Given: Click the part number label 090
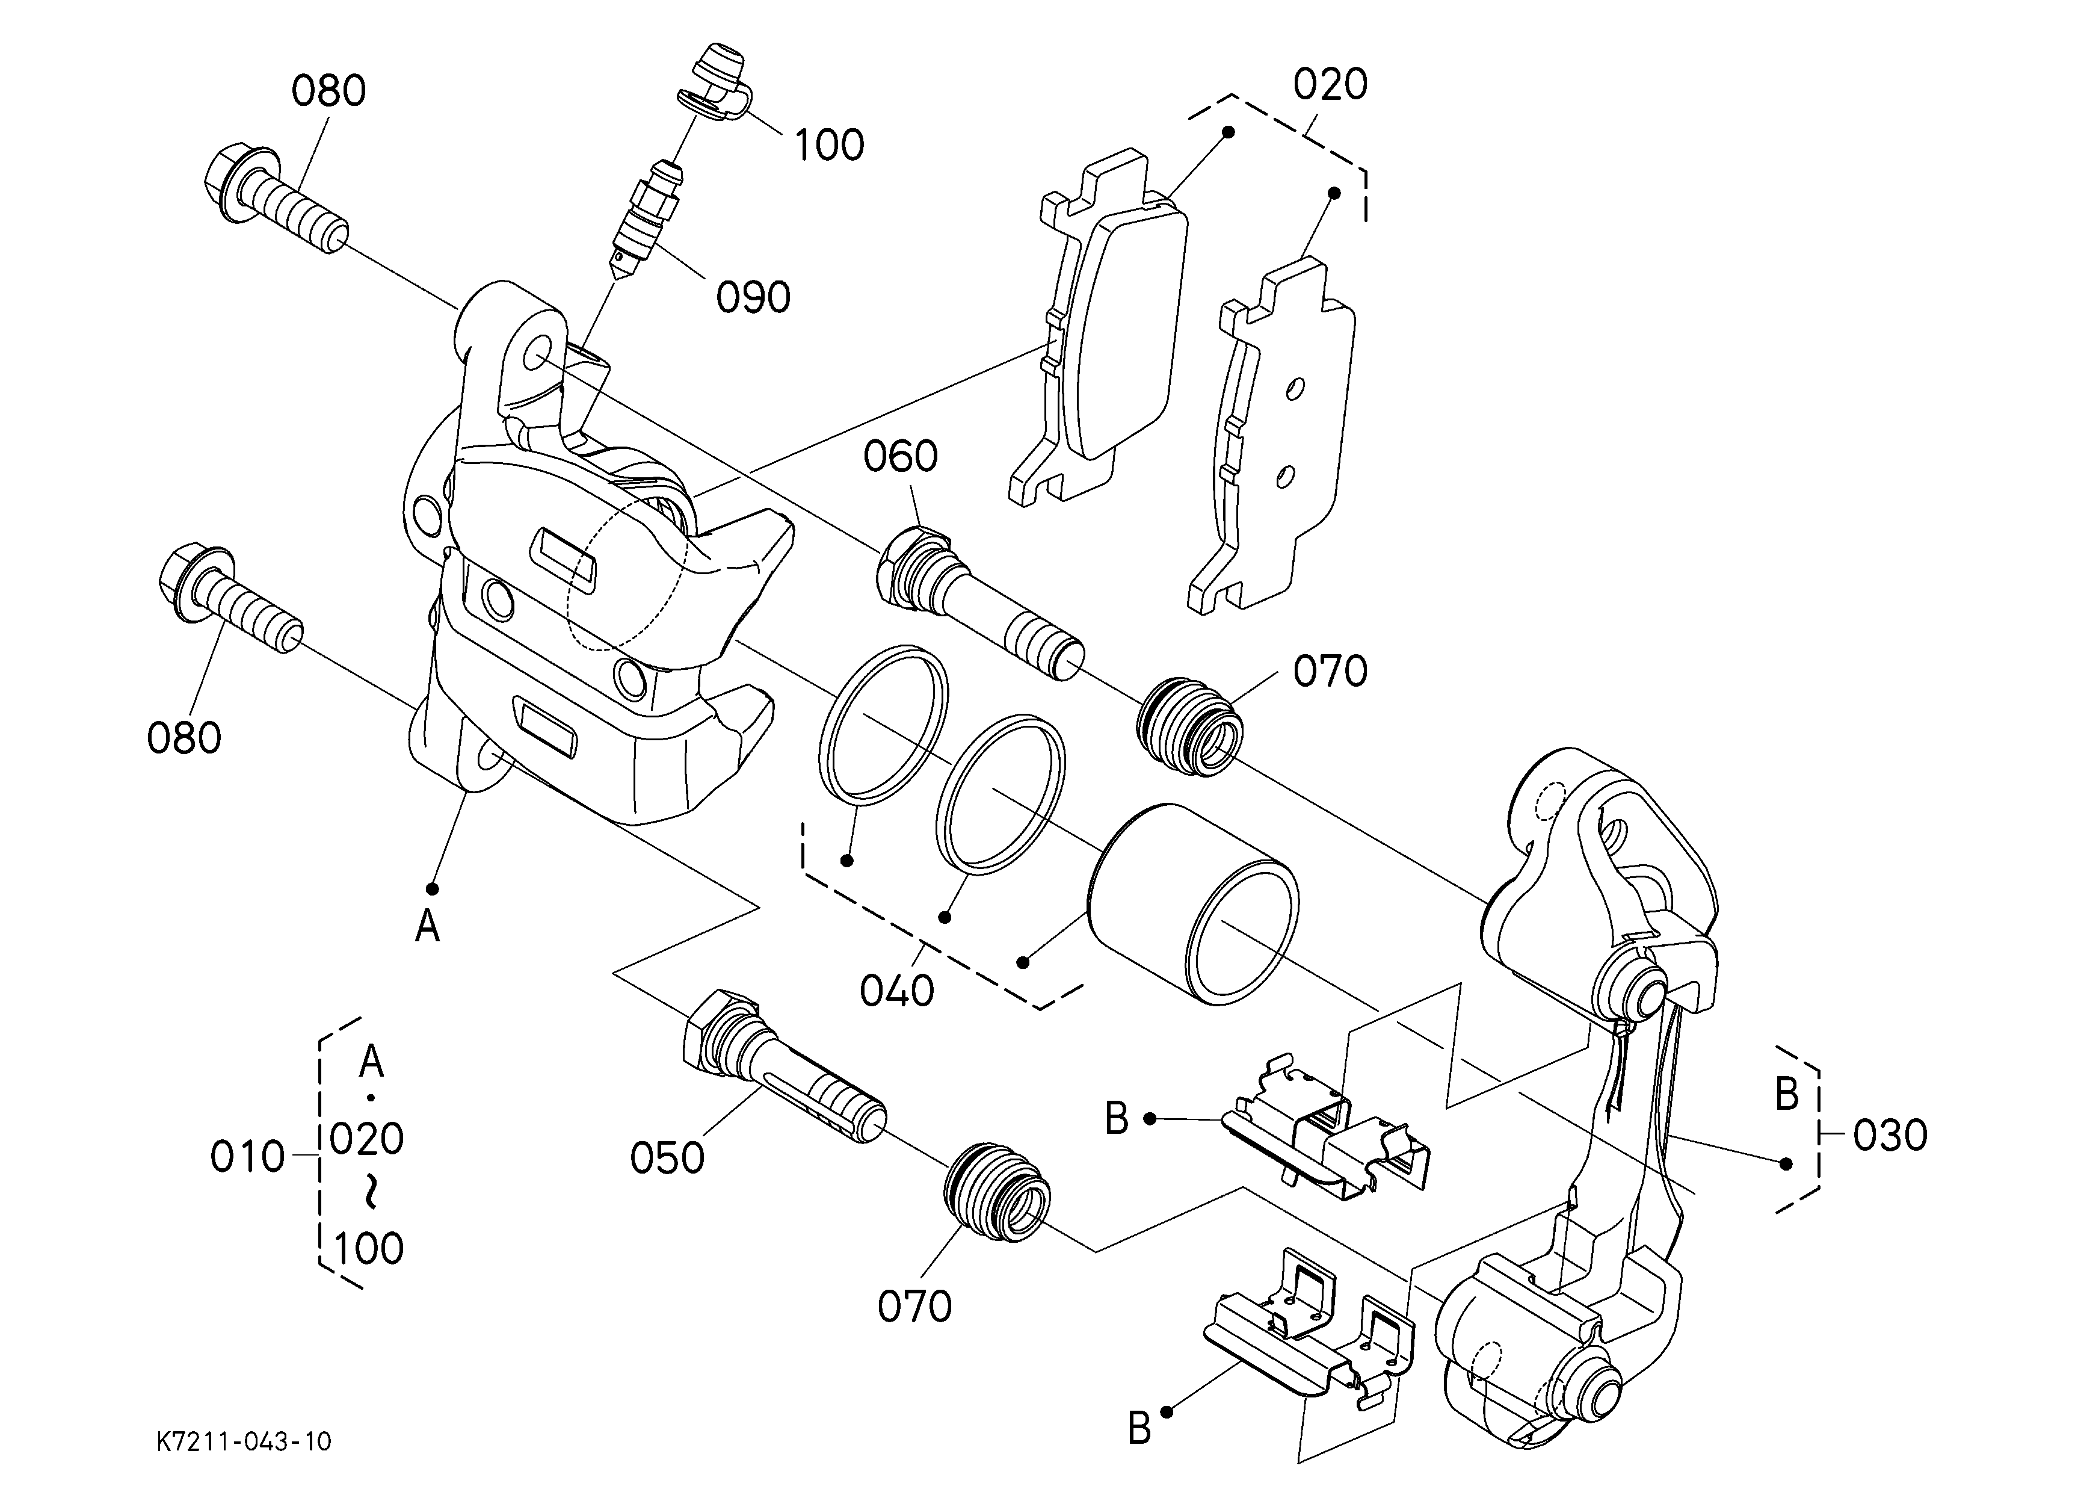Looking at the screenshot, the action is tap(753, 297).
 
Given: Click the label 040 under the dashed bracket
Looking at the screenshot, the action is tap(896, 991).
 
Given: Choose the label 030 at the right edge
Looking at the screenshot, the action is tap(1890, 1136).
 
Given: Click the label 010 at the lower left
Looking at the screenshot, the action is tap(247, 1157).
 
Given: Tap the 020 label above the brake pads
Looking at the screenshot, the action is tap(1330, 84).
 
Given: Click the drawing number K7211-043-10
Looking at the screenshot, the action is tap(244, 1442).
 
